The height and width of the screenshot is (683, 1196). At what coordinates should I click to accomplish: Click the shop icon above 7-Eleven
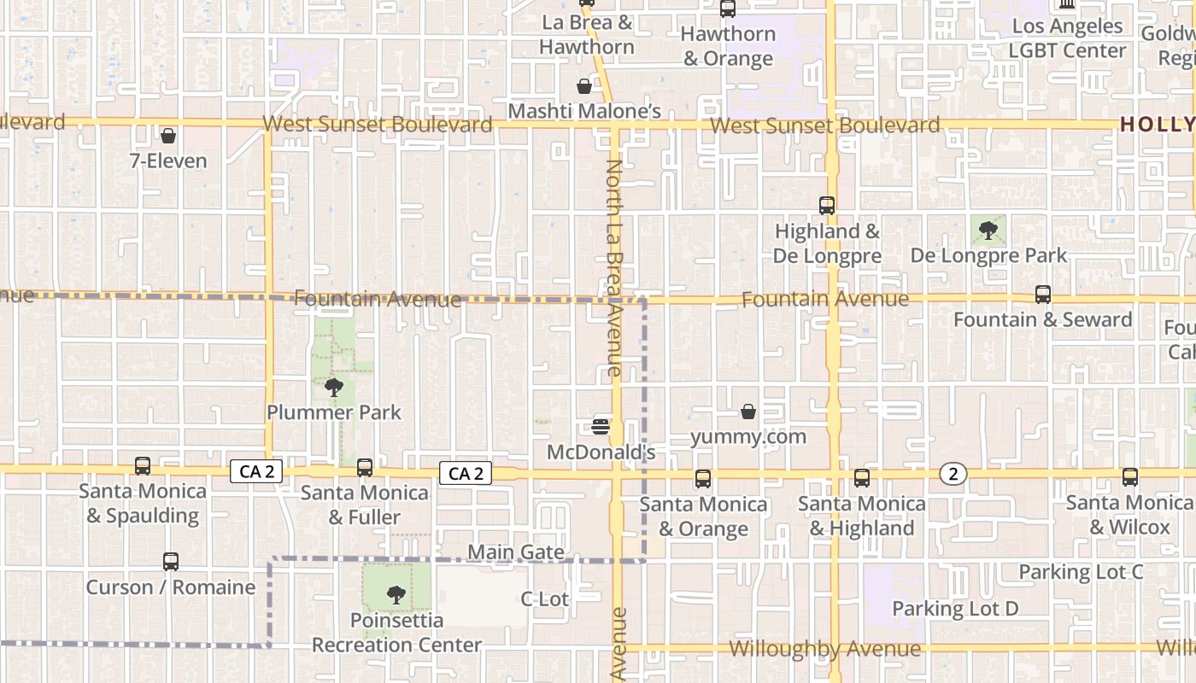(x=168, y=136)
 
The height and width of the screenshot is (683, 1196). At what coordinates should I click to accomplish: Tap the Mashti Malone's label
(x=584, y=111)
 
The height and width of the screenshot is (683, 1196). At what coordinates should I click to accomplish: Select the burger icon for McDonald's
(x=601, y=426)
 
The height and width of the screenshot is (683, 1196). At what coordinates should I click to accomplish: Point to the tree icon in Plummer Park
(x=334, y=388)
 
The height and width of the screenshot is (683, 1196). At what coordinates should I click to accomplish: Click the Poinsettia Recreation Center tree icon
(x=396, y=595)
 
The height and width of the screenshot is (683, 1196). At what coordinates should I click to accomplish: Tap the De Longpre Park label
(x=988, y=255)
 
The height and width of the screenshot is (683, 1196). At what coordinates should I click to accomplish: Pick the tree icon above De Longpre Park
(x=988, y=230)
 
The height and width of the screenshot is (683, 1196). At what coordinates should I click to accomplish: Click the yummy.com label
(x=748, y=437)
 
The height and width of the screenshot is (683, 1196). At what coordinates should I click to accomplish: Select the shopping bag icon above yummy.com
(x=748, y=412)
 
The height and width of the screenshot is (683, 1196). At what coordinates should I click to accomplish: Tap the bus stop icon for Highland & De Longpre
(x=826, y=206)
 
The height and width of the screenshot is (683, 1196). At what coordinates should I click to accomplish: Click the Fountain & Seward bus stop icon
(x=1042, y=295)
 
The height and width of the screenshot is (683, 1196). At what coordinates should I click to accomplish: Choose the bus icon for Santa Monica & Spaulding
(x=143, y=466)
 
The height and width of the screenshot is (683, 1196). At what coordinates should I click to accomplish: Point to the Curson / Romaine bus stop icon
(x=171, y=562)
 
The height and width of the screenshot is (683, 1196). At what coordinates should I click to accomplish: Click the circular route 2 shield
(x=953, y=474)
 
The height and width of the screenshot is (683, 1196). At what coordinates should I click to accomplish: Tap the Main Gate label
(x=516, y=552)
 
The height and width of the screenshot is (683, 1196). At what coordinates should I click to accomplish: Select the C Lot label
(x=544, y=599)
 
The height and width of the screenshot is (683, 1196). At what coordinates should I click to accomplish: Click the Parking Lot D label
(x=955, y=609)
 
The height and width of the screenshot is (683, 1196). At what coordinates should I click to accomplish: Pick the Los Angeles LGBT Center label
(x=1067, y=38)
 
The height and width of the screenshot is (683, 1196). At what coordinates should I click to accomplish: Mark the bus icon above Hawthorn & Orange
(x=728, y=9)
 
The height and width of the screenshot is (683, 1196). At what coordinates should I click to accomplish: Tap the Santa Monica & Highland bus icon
(x=861, y=478)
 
